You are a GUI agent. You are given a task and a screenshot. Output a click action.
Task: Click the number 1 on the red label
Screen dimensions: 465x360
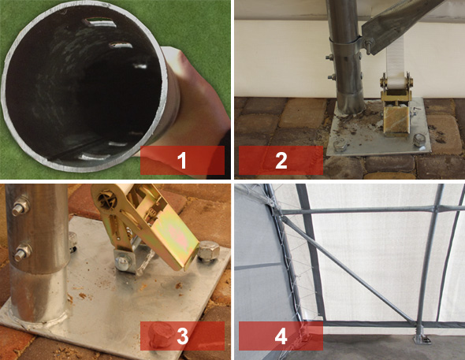point(181,160)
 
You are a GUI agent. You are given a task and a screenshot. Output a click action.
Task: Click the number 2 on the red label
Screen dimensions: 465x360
point(281,160)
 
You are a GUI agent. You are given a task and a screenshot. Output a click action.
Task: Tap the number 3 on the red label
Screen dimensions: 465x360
point(182,336)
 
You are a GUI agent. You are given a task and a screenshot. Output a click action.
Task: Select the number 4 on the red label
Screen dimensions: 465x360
point(281,336)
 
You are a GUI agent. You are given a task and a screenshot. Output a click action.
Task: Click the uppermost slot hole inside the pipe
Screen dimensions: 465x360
point(99,22)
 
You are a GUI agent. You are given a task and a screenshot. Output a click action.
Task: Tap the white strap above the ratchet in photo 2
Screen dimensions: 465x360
point(395,59)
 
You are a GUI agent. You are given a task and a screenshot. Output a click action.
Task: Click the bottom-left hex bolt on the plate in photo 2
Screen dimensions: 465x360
point(339,146)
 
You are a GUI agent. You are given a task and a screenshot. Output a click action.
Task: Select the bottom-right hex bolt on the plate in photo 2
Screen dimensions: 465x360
point(418,140)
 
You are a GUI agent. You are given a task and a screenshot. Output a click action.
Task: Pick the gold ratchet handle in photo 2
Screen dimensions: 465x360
point(396,121)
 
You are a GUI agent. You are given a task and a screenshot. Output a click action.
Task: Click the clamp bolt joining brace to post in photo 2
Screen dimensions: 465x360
point(369,46)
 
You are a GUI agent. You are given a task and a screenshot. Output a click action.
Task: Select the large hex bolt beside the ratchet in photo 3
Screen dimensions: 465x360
point(209,252)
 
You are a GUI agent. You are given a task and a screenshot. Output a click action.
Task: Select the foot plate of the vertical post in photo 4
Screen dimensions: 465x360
point(422,339)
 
